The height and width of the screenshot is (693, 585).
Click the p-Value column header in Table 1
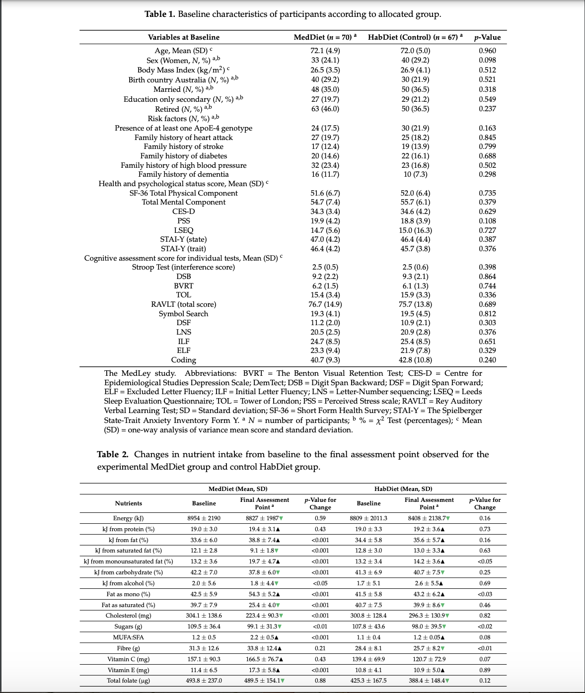click(x=487, y=37)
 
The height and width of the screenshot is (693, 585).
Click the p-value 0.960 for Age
click(x=487, y=51)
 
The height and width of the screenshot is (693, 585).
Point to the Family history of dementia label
click(x=183, y=174)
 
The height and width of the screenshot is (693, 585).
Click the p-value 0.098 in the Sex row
click(x=487, y=60)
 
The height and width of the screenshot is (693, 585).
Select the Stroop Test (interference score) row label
click(x=183, y=267)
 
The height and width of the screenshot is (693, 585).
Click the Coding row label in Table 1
click(x=183, y=360)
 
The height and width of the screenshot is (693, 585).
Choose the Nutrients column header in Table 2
click(x=128, y=503)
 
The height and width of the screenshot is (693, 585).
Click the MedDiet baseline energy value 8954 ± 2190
click(x=204, y=518)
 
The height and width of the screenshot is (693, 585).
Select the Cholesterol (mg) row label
click(x=128, y=616)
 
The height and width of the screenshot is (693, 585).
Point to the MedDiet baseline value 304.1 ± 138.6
click(x=204, y=616)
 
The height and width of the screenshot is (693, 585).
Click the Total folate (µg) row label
click(x=128, y=681)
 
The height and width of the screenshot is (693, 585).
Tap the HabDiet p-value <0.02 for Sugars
click(x=485, y=626)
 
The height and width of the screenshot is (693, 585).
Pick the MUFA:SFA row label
click(x=128, y=637)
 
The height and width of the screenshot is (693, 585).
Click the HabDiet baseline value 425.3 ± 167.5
click(x=368, y=681)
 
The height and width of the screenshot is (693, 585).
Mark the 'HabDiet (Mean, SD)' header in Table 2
click(x=403, y=489)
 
